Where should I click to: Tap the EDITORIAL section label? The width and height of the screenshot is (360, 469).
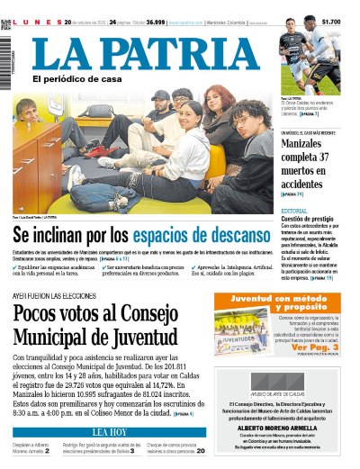point(293,211)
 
